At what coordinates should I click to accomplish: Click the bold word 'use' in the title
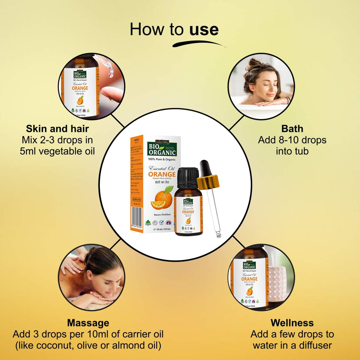[204, 30]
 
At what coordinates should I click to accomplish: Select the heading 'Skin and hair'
[57, 129]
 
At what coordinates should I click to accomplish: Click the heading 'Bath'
[292, 129]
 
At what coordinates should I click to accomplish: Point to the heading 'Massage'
[88, 323]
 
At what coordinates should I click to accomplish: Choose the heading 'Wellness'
[292, 323]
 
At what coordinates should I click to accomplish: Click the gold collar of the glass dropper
[208, 181]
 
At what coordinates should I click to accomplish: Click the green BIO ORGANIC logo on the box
[162, 149]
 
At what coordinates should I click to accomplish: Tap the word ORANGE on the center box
[162, 174]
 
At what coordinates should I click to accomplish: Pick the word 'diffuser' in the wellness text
[315, 345]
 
